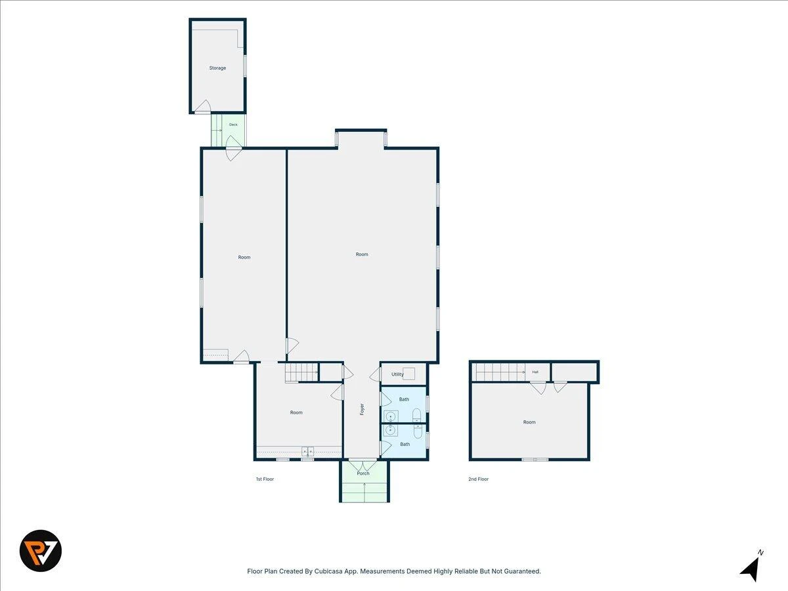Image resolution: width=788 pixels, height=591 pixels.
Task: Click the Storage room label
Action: [217, 68]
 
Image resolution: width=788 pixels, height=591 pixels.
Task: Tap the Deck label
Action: [233, 125]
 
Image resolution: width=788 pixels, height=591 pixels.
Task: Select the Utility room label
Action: [397, 374]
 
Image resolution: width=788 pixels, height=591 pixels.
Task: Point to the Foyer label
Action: [362, 409]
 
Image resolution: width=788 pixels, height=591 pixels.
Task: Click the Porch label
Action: [363, 473]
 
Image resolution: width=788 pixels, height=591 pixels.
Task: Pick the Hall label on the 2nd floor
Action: [535, 372]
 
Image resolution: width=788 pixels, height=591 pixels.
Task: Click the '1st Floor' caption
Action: [265, 479]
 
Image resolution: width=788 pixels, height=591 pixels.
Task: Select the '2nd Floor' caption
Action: [479, 479]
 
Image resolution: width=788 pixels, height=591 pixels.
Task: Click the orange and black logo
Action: [41, 551]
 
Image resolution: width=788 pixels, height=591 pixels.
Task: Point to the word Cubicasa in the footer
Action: [328, 571]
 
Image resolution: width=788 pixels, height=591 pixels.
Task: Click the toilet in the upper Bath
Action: [416, 414]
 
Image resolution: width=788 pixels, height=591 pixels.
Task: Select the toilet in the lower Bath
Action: [418, 431]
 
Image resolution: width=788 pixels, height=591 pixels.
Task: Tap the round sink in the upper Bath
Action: [391, 416]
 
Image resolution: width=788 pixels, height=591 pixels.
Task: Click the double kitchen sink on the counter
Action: [308, 450]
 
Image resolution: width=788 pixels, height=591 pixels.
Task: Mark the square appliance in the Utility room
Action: [408, 374]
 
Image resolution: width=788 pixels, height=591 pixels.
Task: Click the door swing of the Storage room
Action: [203, 106]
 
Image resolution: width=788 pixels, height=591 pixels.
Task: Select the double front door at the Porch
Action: [363, 465]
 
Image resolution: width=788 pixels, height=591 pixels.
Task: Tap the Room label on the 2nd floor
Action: [529, 422]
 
